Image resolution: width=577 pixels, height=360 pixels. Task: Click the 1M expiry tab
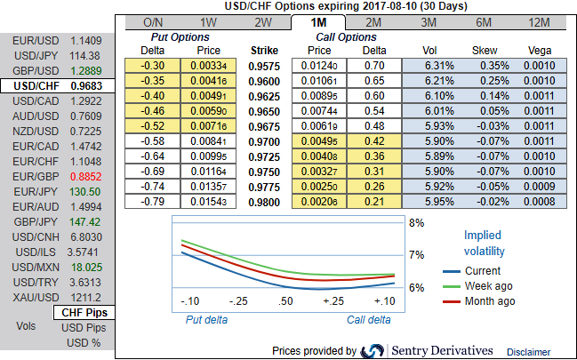pos(317,22)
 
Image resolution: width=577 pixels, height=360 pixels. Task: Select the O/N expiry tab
pos(152,22)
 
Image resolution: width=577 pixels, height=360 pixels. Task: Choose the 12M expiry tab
pos(539,22)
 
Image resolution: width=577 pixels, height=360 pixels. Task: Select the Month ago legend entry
pos(491,301)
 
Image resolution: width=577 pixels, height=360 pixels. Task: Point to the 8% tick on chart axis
pos(415,222)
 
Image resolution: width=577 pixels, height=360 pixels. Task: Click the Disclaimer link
pos(529,352)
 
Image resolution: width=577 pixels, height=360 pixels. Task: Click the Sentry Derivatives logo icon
pos(373,351)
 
